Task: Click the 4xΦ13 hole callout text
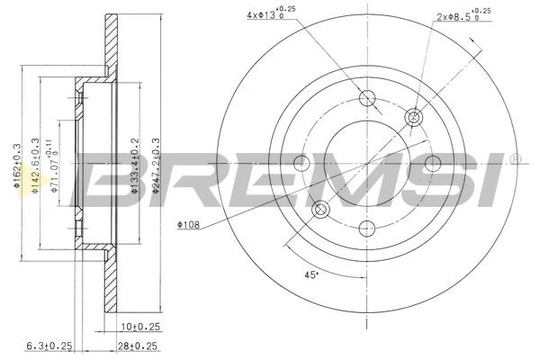pos(271,13)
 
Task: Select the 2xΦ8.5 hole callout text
pos(463,14)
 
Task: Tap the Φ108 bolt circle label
pos(188,225)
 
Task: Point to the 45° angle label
pos(310,274)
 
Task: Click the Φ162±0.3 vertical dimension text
pos(18,166)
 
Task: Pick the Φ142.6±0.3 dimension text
pos(35,166)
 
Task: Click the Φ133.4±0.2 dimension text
pos(135,166)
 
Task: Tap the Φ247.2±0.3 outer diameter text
pos(156,166)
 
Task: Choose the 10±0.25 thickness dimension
pos(141,326)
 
